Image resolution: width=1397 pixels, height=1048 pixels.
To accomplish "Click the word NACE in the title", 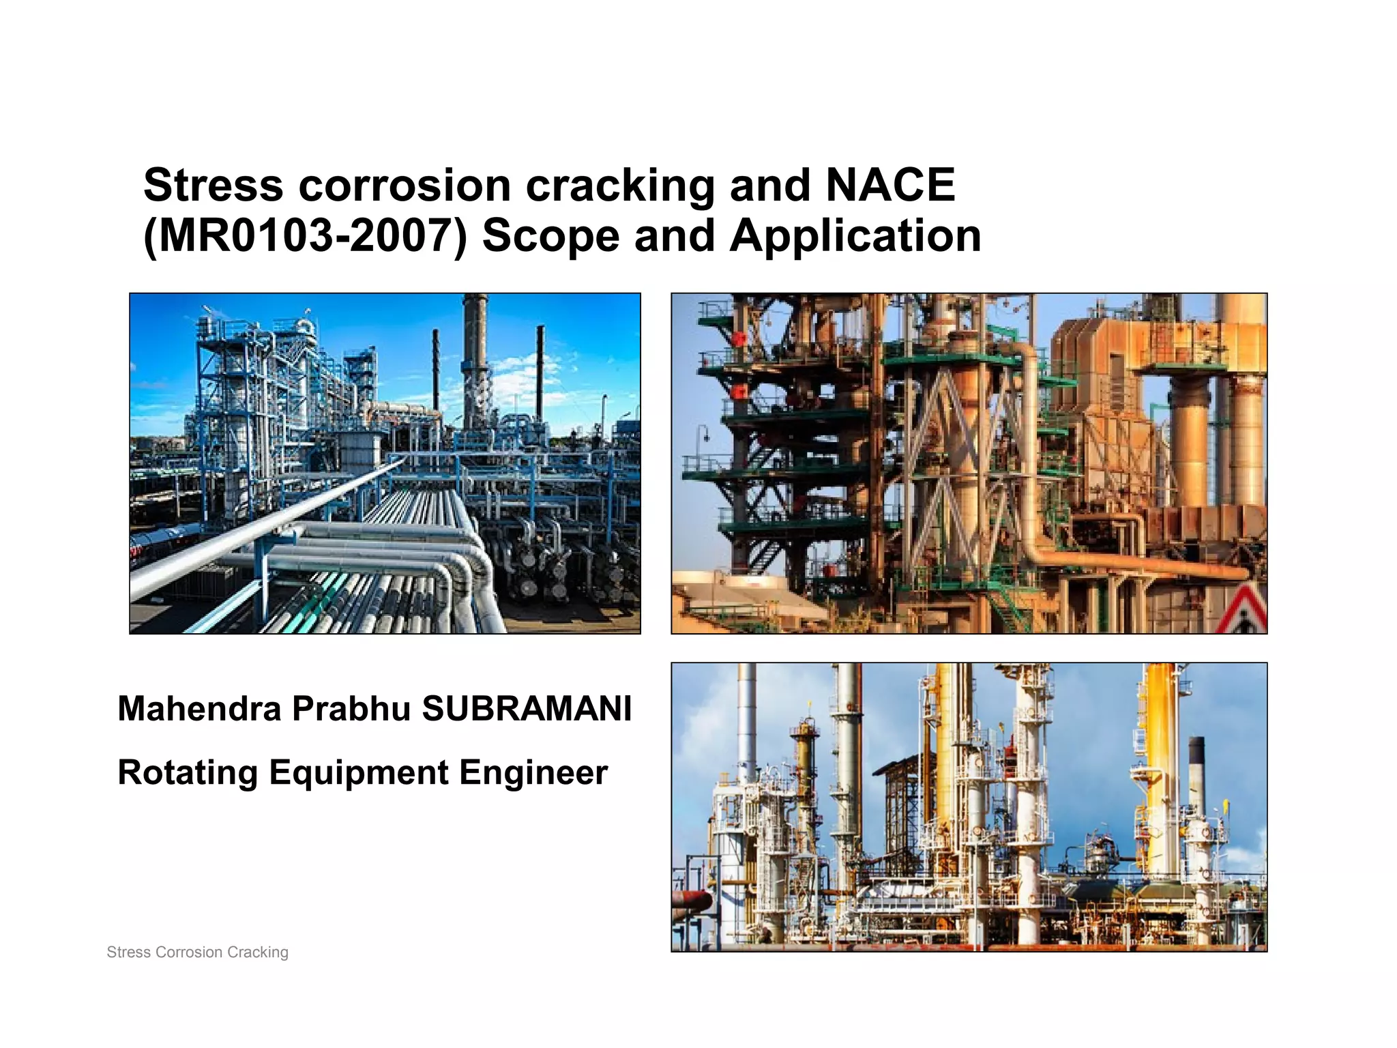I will coord(890,185).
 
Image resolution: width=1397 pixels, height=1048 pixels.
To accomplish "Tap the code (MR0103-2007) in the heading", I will coord(305,236).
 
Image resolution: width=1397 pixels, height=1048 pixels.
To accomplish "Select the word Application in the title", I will coord(855,236).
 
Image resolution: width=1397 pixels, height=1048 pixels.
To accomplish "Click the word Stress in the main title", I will coord(213,185).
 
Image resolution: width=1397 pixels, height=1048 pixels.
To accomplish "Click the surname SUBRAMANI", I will coord(527,708).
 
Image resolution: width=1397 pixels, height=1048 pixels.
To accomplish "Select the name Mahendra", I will coord(199,708).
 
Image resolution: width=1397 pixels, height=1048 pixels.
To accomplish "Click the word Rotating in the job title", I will coord(188,773).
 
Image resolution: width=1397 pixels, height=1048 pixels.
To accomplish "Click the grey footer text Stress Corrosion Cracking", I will coord(198,952).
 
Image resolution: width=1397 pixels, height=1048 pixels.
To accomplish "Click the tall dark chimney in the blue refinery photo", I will coord(475,355).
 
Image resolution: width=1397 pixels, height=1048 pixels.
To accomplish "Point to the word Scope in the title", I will coord(550,236).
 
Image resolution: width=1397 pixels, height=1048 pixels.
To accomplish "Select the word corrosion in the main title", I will coord(405,186).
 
